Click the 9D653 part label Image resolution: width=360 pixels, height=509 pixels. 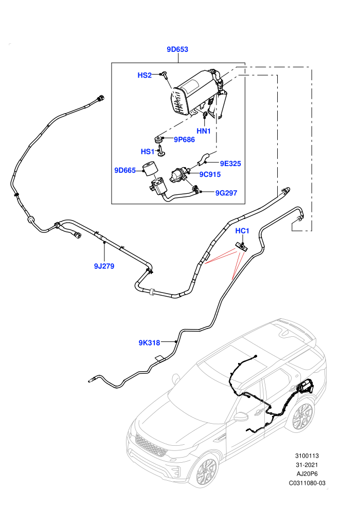coord(177,49)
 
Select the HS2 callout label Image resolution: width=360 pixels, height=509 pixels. coord(145,75)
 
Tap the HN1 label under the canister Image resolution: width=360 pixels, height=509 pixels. coord(204,131)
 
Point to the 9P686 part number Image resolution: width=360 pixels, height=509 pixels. coord(184,139)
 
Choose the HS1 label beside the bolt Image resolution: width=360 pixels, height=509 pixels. coord(148,152)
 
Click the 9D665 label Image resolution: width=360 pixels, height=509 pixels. coord(125,170)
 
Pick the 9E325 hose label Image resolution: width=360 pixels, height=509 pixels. coord(230,163)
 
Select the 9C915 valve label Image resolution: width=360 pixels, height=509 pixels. coord(210,174)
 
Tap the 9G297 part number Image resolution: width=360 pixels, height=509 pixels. coord(226,193)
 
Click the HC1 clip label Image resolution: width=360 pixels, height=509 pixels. coord(242,231)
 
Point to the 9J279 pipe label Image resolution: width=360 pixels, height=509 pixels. coord(104,266)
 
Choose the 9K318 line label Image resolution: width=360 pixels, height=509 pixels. coord(149,342)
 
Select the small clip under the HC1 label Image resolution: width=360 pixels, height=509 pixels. coord(242,247)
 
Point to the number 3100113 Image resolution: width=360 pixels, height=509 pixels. coord(307,456)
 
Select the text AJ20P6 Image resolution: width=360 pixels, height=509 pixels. coord(307,474)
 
